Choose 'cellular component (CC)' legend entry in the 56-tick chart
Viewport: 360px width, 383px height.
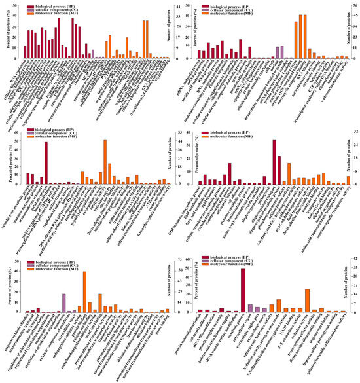tap(242, 10)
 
